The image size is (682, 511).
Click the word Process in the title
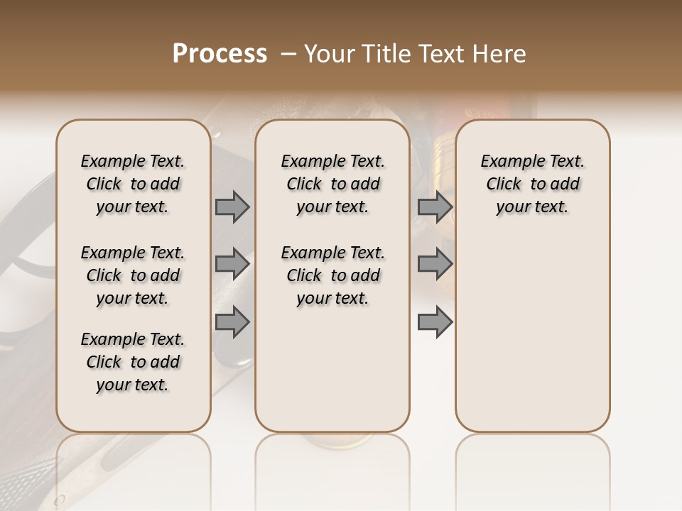220,54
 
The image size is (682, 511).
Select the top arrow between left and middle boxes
232,207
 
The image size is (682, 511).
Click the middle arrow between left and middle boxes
232,264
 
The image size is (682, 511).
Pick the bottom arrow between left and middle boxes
232,322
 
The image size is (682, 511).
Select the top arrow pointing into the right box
435,207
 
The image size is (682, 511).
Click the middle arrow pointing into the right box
435,264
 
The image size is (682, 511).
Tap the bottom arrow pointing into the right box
435,322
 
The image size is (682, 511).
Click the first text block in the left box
133,184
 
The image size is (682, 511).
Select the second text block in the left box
133,275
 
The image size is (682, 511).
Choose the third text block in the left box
133,362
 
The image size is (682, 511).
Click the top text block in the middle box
332,184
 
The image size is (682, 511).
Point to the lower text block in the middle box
332,275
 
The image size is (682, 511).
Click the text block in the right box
533,184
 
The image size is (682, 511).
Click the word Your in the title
329,54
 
